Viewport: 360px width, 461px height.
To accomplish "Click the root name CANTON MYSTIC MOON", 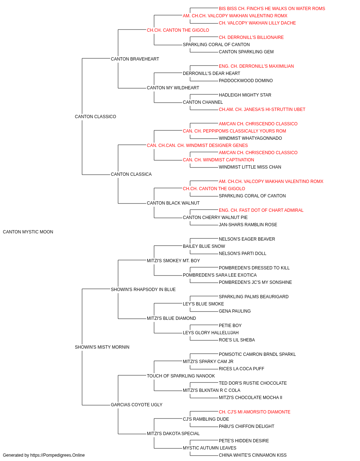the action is point(28,232).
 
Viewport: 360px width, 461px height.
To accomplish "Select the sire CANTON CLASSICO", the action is point(95,117).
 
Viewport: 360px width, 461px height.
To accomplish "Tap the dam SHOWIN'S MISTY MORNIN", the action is point(102,347).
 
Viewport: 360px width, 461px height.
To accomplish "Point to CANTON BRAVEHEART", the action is point(135,59).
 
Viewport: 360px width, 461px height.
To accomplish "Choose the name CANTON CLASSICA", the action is point(131,174).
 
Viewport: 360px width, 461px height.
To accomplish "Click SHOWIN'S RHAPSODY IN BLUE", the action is point(143,290).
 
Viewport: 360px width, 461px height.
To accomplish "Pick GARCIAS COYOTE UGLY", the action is point(136,405).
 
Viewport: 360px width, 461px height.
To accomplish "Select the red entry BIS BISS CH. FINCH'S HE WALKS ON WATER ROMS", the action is point(272,9).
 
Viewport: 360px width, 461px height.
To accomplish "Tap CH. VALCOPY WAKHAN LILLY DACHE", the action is point(257,23).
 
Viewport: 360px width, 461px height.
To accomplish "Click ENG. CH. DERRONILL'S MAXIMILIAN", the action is point(256,66).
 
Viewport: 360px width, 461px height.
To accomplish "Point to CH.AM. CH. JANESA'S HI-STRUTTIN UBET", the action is point(262,109).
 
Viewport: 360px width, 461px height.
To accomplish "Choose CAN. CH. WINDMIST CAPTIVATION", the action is point(219,160).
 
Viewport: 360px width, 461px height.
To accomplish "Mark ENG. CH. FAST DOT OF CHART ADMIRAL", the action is point(261,210).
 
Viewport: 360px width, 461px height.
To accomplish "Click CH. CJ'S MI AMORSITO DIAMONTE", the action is point(255,412).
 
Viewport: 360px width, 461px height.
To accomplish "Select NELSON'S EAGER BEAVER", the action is point(247,239).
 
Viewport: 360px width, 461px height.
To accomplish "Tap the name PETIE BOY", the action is point(230,326).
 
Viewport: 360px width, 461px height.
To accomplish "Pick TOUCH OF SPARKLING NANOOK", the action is point(181,376).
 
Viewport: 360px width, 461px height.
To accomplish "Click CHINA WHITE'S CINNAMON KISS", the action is point(252,455).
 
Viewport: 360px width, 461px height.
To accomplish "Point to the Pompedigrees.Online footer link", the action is point(57,455).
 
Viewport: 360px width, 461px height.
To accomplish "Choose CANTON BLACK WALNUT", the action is point(173,203).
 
